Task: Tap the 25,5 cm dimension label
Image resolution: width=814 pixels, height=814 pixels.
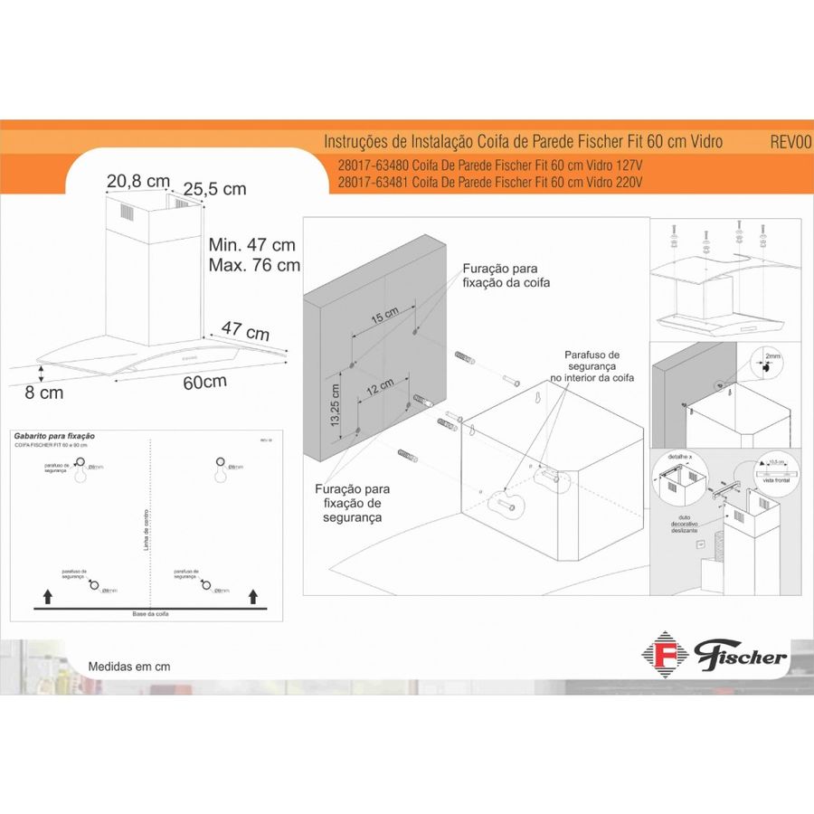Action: (x=214, y=189)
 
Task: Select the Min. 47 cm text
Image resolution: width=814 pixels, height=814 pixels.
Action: (x=251, y=245)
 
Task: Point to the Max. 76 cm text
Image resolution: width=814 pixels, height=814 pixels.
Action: (x=254, y=266)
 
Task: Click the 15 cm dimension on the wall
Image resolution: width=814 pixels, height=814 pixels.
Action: (x=383, y=316)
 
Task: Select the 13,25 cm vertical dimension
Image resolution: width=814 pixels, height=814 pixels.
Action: (x=335, y=405)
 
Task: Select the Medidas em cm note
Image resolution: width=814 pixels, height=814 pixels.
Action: (x=129, y=667)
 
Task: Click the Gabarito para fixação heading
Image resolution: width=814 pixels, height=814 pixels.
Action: (x=55, y=436)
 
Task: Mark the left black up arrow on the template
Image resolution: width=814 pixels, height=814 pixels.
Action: (x=46, y=595)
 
